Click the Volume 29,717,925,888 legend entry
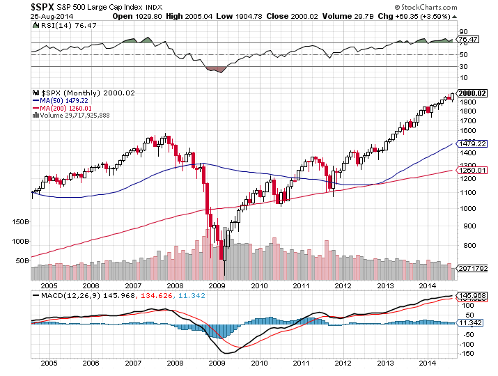pyautogui.click(x=75, y=115)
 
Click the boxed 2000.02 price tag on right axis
pyautogui.click(x=472, y=93)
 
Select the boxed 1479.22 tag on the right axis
pyautogui.click(x=470, y=143)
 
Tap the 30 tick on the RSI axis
pyautogui.click(x=462, y=67)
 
